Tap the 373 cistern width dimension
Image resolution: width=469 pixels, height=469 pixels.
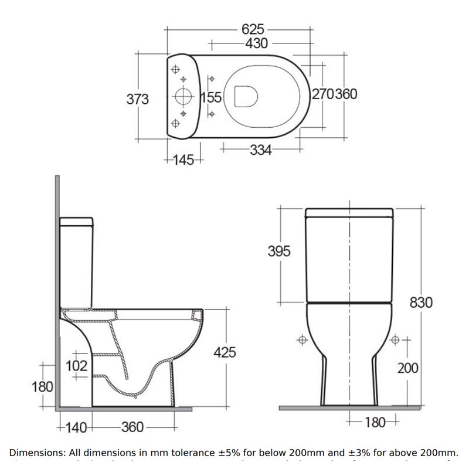pos(138,99)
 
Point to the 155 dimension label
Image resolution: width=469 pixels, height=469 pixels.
pos(211,98)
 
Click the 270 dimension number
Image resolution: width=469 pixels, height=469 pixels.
pos(322,94)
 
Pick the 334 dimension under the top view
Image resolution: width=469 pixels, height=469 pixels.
pos(260,150)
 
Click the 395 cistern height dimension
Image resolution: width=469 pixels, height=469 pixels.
pos(279,252)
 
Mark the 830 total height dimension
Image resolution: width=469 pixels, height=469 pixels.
pos(422,303)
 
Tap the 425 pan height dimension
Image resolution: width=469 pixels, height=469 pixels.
pos(225,352)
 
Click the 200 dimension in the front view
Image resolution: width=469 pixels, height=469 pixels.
pos(407,368)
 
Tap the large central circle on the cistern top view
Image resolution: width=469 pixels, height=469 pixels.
pos(183,97)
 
